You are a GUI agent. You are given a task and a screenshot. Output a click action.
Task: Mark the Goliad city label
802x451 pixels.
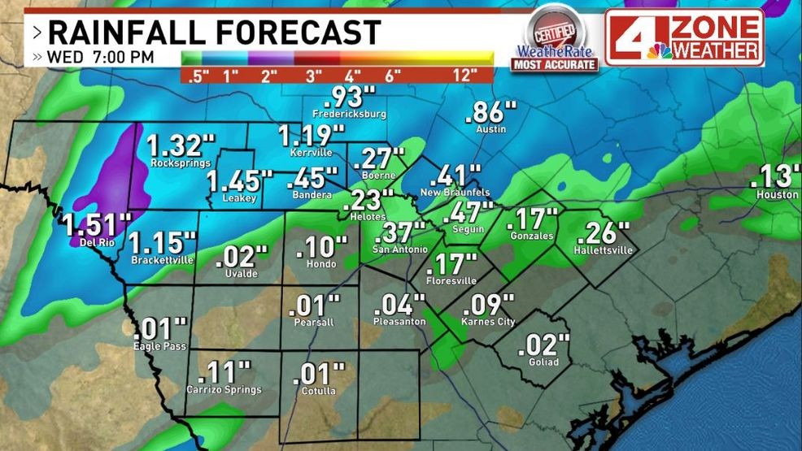click(543, 362)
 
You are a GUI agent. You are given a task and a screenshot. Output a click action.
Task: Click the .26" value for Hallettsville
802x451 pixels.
click(603, 232)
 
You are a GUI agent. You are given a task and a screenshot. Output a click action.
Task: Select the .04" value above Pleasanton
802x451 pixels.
click(399, 305)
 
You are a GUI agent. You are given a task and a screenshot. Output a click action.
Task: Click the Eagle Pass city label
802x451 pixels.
click(159, 347)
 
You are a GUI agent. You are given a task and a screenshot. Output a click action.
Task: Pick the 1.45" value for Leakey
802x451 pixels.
click(239, 180)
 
